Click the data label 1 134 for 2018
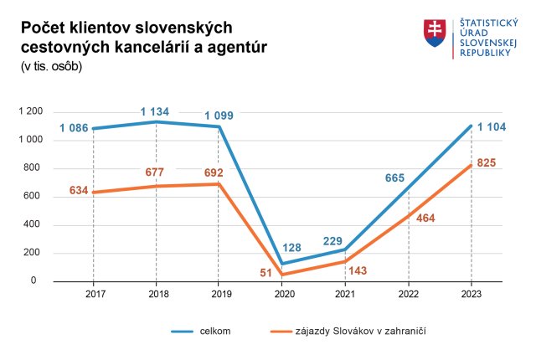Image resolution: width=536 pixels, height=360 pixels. (x=156, y=111)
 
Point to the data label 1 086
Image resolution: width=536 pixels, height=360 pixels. (x=74, y=129)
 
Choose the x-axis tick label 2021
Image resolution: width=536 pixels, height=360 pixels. (x=344, y=293)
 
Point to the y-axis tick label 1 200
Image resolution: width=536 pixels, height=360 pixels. (x=30, y=111)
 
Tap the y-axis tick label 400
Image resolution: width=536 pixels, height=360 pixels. (x=34, y=224)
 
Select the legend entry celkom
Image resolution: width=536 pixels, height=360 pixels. (x=215, y=331)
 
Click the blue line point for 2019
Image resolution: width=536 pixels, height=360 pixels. (x=219, y=126)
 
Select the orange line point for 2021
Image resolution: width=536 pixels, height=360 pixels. (x=344, y=261)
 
